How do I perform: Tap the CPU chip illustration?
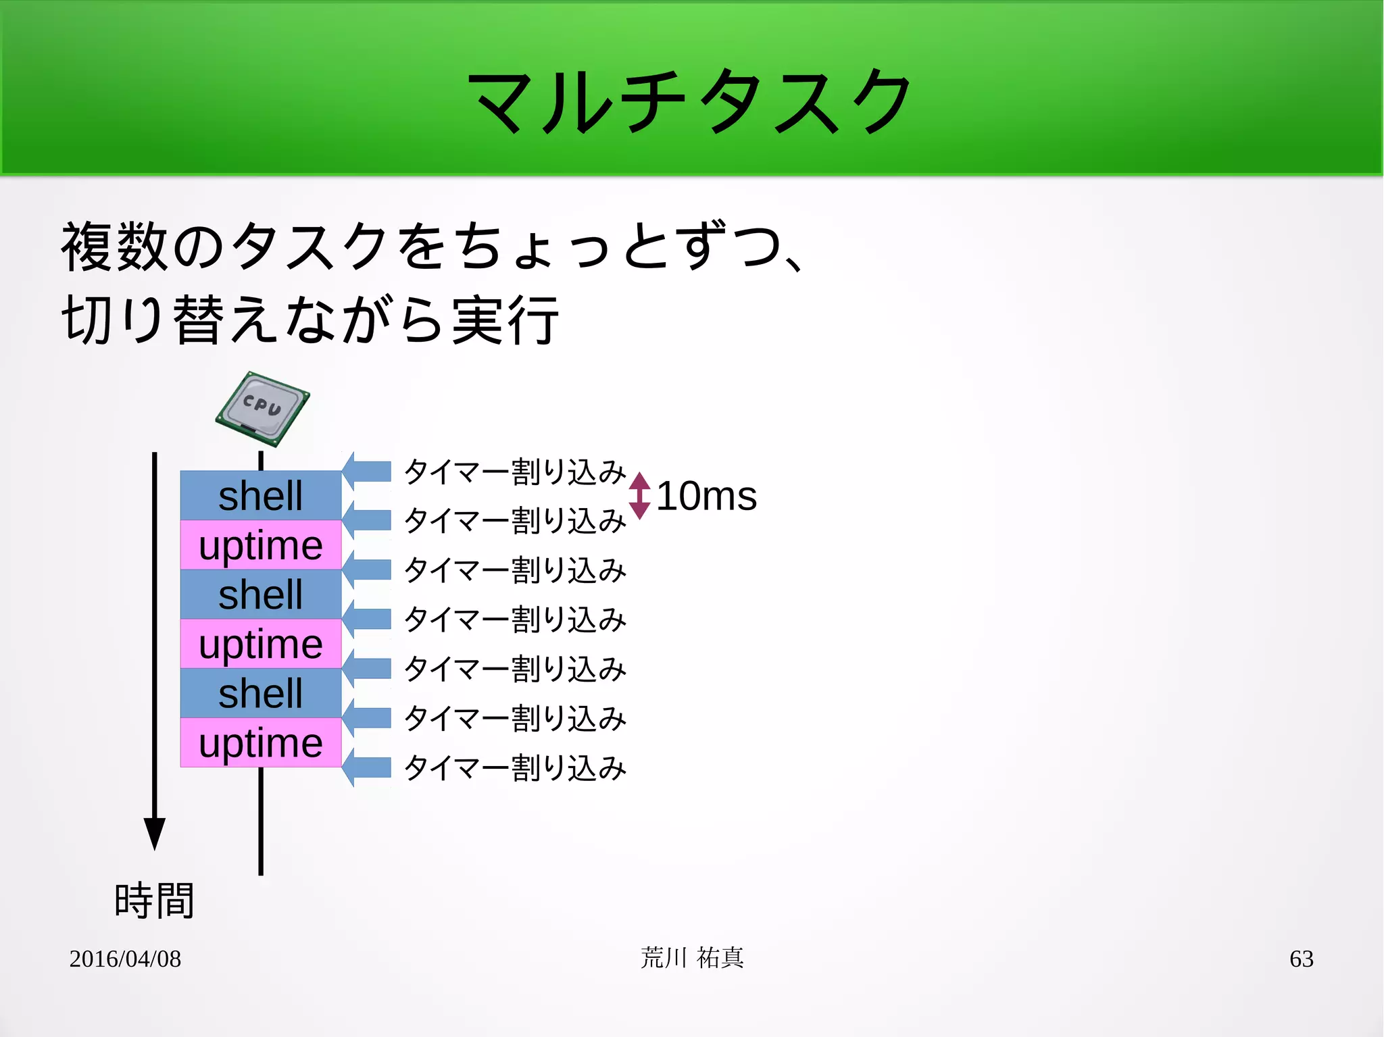point(262,409)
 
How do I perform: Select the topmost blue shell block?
point(261,495)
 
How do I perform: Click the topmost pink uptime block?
point(261,545)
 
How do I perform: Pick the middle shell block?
point(261,595)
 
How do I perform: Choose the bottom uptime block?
point(261,742)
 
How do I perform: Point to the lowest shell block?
point(261,693)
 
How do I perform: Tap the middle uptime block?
point(261,644)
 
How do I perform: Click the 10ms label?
point(706,496)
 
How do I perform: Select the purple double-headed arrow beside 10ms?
point(639,496)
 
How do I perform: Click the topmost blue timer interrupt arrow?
point(367,471)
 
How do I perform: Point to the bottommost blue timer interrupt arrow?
point(367,767)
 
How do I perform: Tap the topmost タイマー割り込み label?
point(515,472)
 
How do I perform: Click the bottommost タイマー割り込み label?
point(515,768)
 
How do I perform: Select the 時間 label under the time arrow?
point(155,901)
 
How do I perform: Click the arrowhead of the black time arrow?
point(155,832)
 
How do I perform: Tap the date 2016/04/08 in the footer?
point(125,959)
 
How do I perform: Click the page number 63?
point(1301,959)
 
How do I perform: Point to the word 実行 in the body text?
point(505,320)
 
